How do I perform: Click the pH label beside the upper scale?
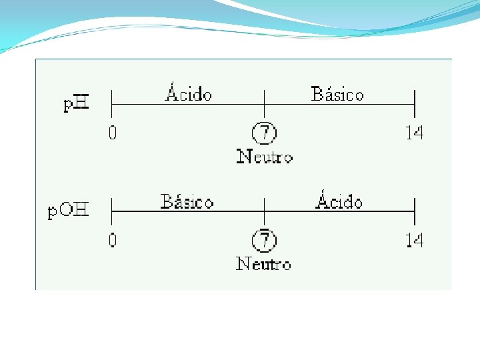coord(77,105)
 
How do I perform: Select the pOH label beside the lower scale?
coord(69,211)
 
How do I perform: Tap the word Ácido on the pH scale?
coord(189,94)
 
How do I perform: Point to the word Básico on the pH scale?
coord(337,94)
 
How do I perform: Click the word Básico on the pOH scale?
coord(187,201)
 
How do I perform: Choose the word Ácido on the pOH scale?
coord(339,201)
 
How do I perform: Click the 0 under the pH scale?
coord(113,133)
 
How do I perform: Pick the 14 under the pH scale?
coord(414,133)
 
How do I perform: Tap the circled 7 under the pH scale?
coord(265,133)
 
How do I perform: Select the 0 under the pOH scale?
coord(113,240)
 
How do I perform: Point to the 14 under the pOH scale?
coord(414,240)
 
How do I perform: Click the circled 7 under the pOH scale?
coord(265,240)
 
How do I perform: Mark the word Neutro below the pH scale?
coord(265,157)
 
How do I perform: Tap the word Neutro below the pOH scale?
coord(264,264)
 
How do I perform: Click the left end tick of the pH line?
coord(111,104)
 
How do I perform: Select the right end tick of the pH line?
coord(415,104)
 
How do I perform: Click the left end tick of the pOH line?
coord(111,211)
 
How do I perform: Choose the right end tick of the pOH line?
coord(415,211)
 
